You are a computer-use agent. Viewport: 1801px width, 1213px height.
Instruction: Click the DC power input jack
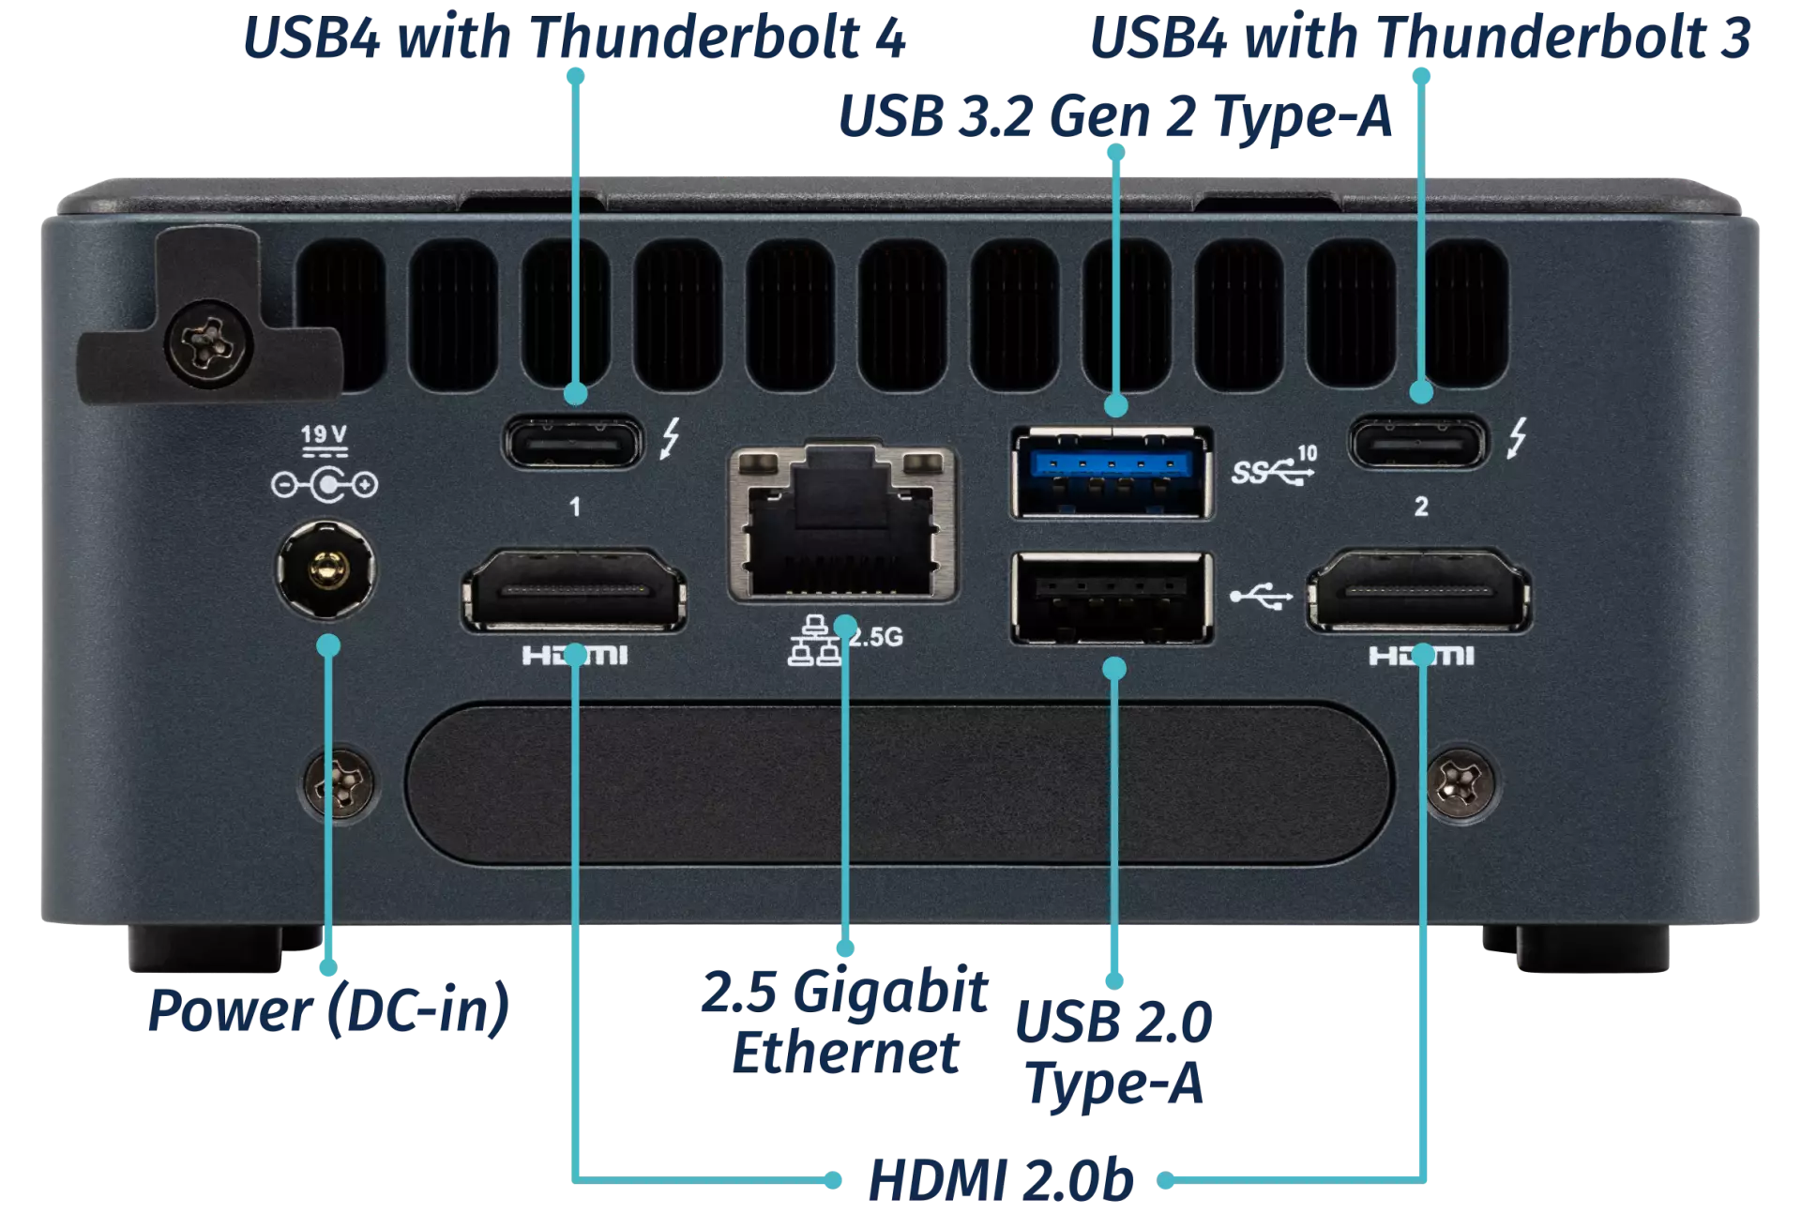(x=325, y=569)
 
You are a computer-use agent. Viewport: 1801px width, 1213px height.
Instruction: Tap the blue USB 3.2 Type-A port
(x=1112, y=472)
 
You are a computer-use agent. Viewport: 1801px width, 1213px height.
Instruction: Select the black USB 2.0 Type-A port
(x=1112, y=598)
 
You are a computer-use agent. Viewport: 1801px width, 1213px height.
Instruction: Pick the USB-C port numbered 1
(x=574, y=441)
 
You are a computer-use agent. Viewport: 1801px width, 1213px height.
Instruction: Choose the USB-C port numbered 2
(x=1417, y=441)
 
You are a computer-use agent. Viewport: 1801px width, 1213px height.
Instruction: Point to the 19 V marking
(x=324, y=434)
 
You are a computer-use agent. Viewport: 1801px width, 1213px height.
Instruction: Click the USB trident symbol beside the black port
(x=1261, y=596)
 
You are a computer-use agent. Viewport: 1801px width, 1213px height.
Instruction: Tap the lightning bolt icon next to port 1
(x=670, y=438)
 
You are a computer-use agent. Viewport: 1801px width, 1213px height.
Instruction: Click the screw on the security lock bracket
(x=209, y=341)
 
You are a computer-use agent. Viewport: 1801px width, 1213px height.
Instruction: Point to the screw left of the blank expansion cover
(x=340, y=781)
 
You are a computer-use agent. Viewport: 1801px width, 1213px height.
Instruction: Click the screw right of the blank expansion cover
(x=1459, y=781)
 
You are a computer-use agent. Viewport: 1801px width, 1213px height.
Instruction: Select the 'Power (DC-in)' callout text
(x=328, y=1010)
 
